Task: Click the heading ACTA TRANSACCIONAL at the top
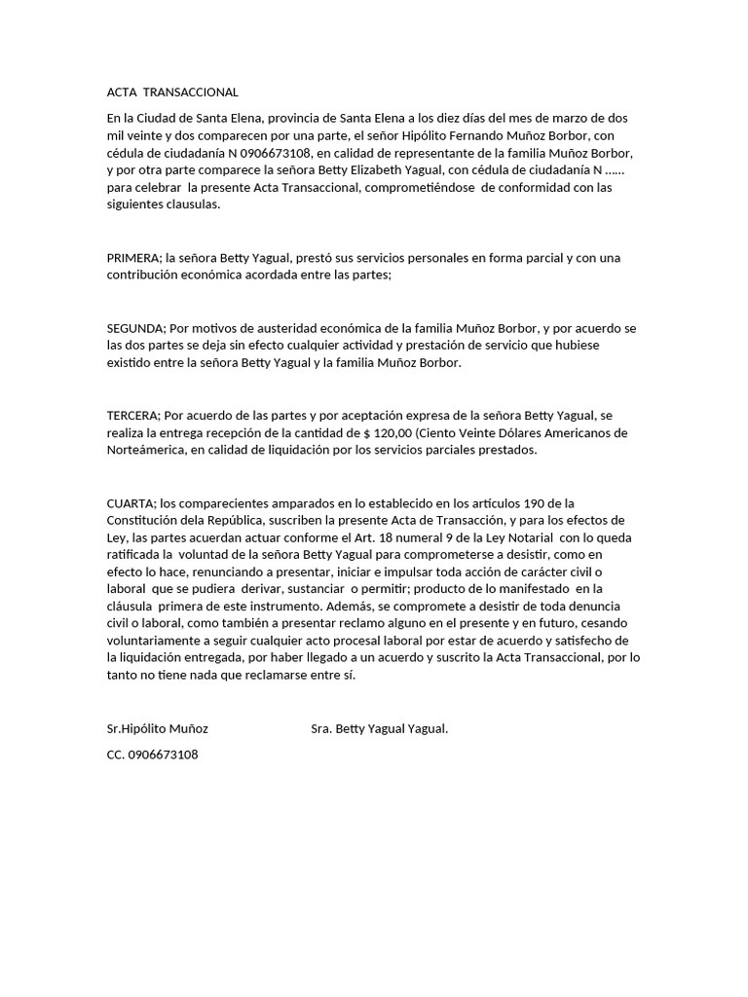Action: point(171,92)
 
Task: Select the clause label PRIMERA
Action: point(133,258)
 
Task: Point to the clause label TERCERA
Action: point(132,416)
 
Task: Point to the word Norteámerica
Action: point(150,451)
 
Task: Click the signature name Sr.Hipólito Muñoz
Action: point(158,728)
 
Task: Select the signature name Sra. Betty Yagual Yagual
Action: point(379,728)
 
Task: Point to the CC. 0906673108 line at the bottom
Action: point(153,755)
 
